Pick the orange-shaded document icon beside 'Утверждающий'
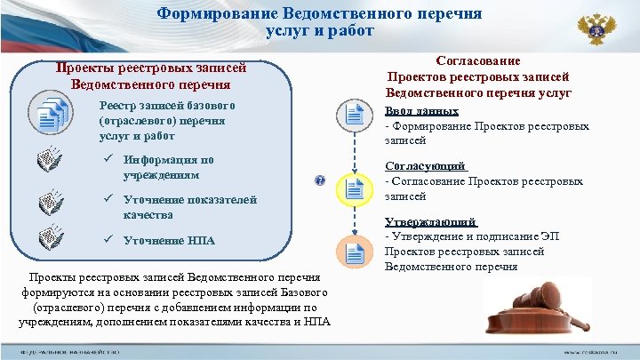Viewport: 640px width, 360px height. point(355,252)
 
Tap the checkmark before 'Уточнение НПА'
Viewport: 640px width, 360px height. point(107,241)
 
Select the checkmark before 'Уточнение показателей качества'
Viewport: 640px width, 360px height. point(107,200)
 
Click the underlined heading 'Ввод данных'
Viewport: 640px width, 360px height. point(421,112)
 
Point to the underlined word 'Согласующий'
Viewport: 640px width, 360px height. point(425,167)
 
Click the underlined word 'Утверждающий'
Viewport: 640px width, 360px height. point(430,222)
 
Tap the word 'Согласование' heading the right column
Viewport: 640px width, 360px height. point(478,60)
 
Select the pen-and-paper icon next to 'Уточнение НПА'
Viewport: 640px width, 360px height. point(53,239)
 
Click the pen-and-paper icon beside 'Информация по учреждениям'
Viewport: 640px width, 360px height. point(53,160)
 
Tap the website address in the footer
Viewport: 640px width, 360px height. point(595,352)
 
